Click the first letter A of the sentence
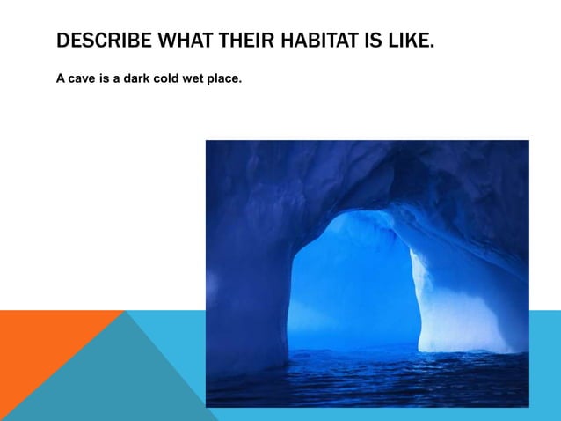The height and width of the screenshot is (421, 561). pos(61,79)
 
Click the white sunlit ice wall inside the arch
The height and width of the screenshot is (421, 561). pos(440,299)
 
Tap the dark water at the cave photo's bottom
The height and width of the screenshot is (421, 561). pos(369,383)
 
